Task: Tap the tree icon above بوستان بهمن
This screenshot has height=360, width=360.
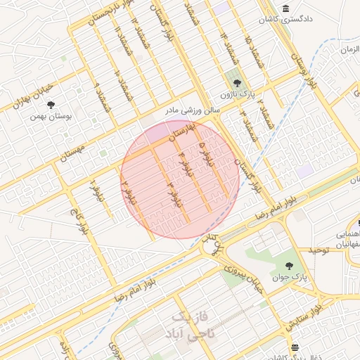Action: point(51,105)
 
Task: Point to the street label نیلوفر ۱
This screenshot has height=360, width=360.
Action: point(96,188)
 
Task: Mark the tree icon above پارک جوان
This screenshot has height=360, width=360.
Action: point(289,266)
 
